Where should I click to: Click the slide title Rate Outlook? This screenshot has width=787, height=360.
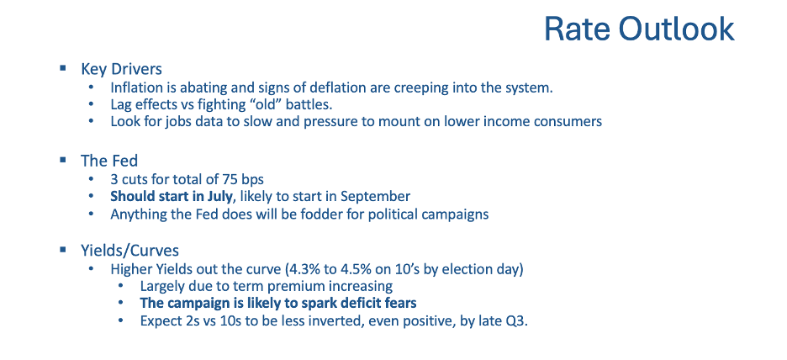tap(639, 29)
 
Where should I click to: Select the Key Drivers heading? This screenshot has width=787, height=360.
tap(121, 69)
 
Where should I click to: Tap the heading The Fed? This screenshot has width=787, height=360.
tap(109, 161)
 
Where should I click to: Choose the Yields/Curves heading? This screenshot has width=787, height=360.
tap(130, 250)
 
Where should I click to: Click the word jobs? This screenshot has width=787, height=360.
tap(172, 122)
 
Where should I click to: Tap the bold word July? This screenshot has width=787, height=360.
tap(219, 197)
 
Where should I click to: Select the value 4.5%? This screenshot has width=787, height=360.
tap(357, 269)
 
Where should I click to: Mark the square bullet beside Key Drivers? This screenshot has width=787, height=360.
tap(63, 68)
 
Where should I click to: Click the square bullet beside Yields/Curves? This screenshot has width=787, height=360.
tap(63, 248)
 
